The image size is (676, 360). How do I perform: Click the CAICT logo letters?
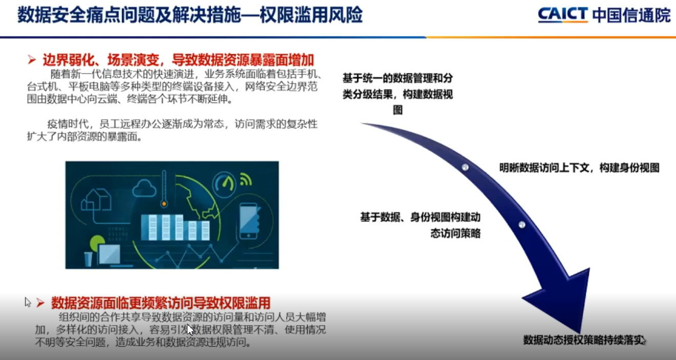[x=563, y=15]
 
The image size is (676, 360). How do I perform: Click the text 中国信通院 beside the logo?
[x=631, y=15]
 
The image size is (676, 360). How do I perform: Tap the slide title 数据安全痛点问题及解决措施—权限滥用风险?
[x=190, y=14]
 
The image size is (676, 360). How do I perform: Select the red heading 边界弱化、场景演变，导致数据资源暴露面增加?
[x=178, y=60]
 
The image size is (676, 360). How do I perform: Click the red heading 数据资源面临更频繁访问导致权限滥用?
[x=161, y=303]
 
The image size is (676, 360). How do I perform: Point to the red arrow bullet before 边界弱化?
[x=32, y=60]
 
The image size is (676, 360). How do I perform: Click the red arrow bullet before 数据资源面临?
[x=40, y=303]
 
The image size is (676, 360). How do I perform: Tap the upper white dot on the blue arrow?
[x=465, y=167]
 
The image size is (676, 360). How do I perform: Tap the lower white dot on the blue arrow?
[x=522, y=224]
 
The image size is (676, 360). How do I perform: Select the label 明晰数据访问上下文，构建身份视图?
[x=579, y=168]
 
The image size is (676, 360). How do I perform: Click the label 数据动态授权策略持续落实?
[x=584, y=340]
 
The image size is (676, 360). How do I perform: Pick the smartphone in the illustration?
[x=249, y=221]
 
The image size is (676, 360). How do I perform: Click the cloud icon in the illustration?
[x=144, y=188]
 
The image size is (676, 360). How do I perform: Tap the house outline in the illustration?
[x=96, y=200]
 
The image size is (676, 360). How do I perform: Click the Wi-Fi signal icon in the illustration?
[x=246, y=179]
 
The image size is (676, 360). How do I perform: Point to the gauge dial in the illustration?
[x=224, y=184]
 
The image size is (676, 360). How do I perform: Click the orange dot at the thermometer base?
[x=164, y=204]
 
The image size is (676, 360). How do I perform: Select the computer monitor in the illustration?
[x=109, y=255]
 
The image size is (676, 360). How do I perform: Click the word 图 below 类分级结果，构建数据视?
[x=398, y=110]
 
